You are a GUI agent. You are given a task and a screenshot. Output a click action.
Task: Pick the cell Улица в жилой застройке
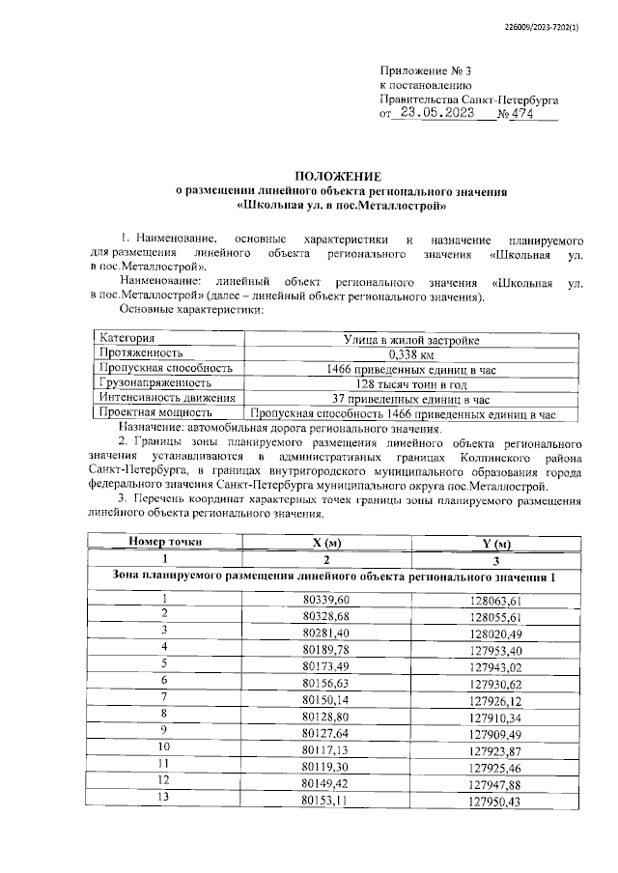coord(411,339)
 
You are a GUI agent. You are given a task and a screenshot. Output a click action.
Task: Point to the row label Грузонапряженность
coord(154,382)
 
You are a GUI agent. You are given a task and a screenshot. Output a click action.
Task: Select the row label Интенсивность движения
coord(166,397)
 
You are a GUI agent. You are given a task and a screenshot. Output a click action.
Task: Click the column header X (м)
coord(327,542)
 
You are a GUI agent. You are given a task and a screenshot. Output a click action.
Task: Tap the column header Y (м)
coord(495,543)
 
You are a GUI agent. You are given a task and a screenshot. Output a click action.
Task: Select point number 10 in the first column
coord(163,746)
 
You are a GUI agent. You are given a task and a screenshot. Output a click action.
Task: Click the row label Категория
coord(126,339)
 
